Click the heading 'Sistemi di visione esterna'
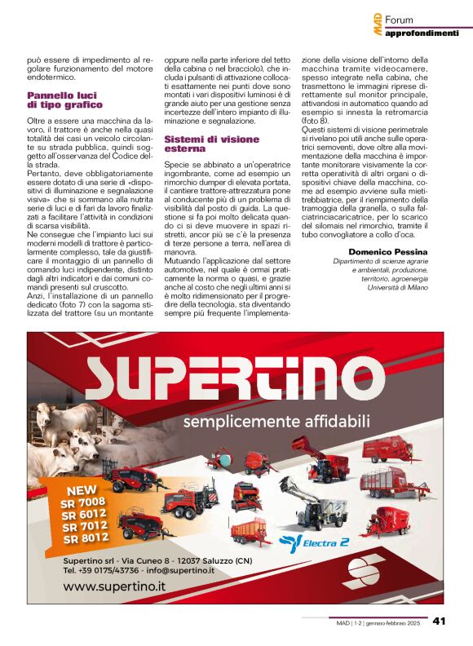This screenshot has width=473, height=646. tap(200, 144)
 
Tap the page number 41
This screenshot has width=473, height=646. tap(439, 622)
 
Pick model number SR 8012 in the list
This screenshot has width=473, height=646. tap(86, 538)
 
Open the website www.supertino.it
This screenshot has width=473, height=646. tap(115, 585)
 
